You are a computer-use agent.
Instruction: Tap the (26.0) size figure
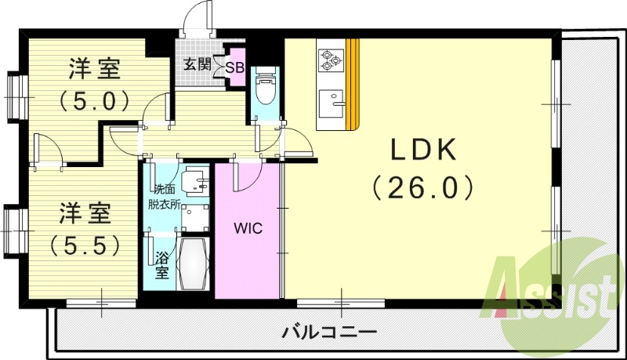[423, 187]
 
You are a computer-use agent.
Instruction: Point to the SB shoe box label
[234, 67]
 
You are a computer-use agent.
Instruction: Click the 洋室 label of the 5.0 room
[93, 69]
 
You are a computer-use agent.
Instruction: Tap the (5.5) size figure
[85, 245]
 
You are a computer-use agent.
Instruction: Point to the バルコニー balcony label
[329, 332]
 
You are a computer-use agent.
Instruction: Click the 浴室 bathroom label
[161, 264]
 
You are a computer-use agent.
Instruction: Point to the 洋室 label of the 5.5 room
[85, 213]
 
